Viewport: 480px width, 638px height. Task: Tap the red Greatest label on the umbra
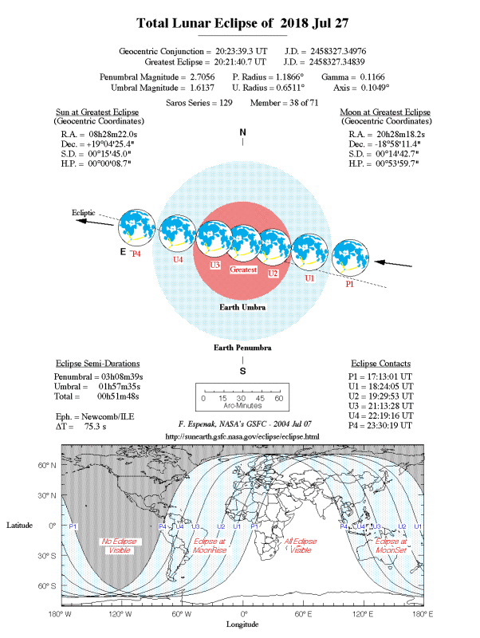tap(243, 270)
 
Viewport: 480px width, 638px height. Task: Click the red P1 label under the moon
tap(349, 284)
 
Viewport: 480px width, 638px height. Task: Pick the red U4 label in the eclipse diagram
tap(178, 259)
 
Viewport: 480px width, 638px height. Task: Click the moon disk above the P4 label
tap(137, 228)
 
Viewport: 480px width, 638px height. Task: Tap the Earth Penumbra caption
tap(242, 349)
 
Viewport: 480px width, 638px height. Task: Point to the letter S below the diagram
tap(242, 370)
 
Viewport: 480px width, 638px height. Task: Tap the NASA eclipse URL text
tap(242, 437)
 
